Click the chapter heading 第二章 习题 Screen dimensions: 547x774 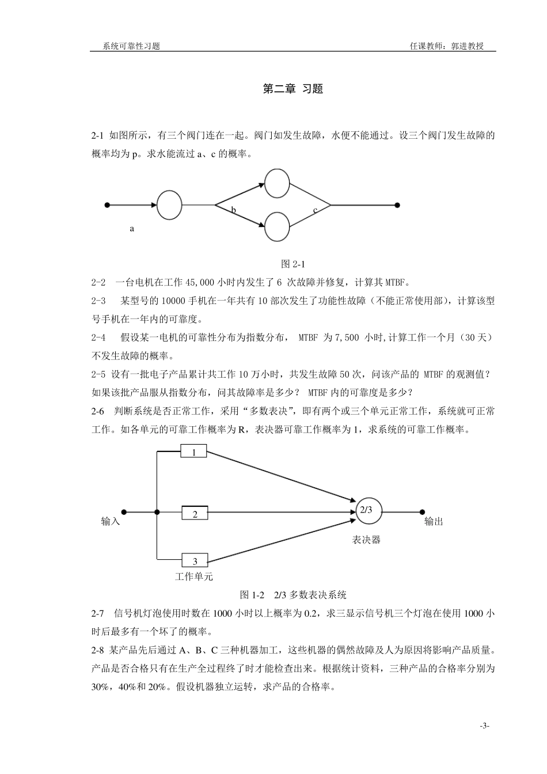(x=293, y=89)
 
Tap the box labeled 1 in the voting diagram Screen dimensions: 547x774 (x=194, y=451)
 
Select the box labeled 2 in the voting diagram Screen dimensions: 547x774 (x=195, y=513)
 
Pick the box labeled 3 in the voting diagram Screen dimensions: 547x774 (x=195, y=560)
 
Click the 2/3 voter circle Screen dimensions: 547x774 (x=368, y=511)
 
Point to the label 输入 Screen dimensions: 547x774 (x=111, y=521)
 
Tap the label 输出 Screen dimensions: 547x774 (x=434, y=521)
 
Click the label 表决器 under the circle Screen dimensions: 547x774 (x=367, y=540)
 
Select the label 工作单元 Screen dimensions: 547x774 (x=194, y=576)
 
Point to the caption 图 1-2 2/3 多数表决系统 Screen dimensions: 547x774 (x=293, y=594)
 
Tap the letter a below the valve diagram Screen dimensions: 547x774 (x=132, y=229)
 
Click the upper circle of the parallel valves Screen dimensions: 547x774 (x=277, y=183)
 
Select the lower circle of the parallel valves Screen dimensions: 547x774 (x=277, y=226)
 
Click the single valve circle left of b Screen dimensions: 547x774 (x=169, y=205)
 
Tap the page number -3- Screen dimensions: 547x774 (x=484, y=726)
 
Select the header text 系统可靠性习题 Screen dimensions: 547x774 (x=131, y=46)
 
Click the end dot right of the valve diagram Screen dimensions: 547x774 (x=397, y=205)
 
